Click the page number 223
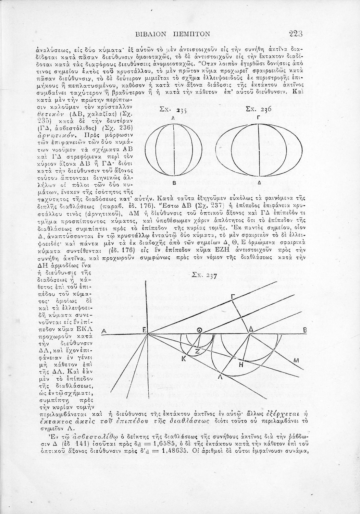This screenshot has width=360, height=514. pos(296,34)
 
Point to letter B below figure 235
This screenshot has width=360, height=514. pos(174,183)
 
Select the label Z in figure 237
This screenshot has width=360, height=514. pos(197,351)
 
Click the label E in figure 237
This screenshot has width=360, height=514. pos(144,330)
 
